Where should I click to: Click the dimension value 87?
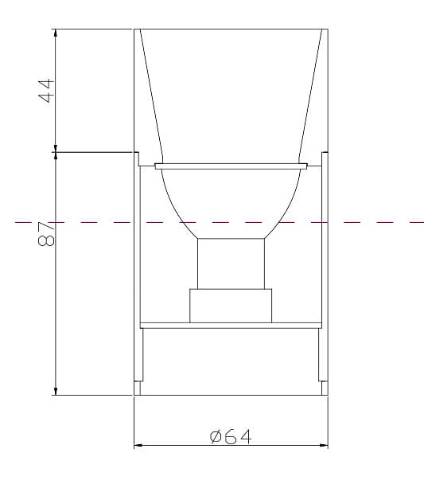click(46, 234)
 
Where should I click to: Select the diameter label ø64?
click(231, 436)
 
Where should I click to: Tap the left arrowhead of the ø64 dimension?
click(138, 445)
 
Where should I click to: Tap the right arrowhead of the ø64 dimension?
click(324, 445)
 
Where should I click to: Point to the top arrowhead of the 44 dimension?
click(56, 33)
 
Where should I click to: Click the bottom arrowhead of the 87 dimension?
click(56, 391)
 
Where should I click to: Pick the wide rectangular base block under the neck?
click(231, 306)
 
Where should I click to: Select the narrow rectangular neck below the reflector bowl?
click(231, 263)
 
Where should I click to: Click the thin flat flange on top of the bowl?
click(231, 166)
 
